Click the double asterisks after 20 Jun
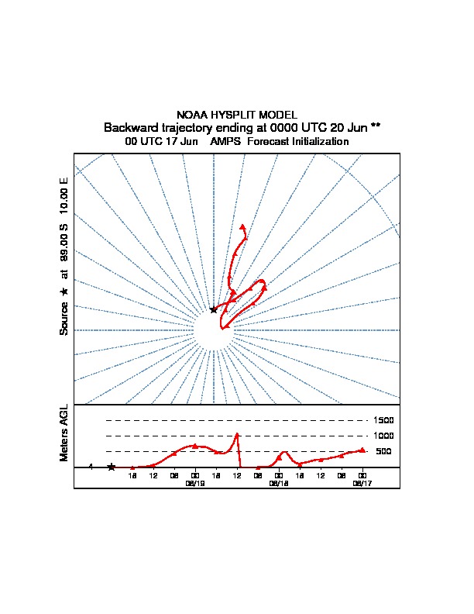click(375, 126)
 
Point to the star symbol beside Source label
click(64, 291)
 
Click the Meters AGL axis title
click(64, 433)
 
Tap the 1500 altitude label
click(384, 420)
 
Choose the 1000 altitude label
click(384, 436)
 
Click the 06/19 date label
click(194, 482)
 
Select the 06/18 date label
click(278, 482)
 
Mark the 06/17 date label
click(362, 482)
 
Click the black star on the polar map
click(214, 309)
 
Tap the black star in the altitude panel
click(112, 467)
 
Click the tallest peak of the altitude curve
click(237, 434)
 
